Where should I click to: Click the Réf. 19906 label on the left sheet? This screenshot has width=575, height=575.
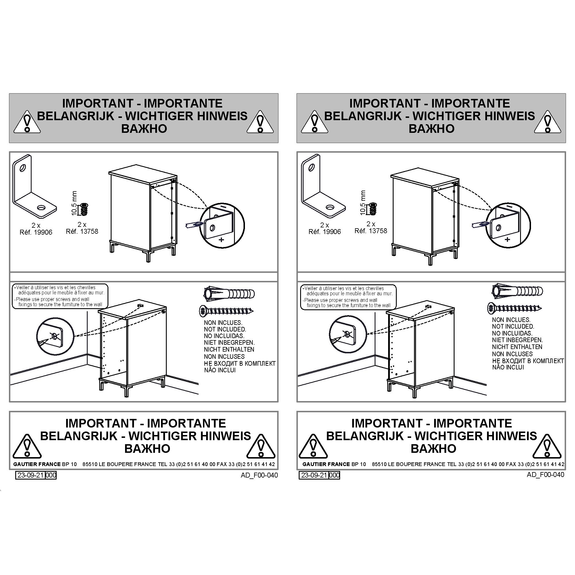(36, 232)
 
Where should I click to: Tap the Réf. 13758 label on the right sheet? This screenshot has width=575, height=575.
(371, 231)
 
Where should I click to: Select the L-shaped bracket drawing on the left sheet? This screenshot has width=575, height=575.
(34, 186)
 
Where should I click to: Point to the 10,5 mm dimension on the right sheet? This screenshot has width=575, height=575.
(363, 203)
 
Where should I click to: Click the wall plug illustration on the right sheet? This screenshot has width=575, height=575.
(517, 290)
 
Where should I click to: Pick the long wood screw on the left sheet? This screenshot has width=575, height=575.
(226, 311)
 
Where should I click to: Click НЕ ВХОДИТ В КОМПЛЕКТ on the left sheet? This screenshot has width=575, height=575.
(240, 363)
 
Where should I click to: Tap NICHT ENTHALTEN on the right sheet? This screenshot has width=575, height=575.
(517, 347)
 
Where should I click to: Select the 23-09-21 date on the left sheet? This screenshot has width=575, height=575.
(30, 475)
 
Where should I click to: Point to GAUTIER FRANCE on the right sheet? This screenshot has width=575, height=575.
(326, 464)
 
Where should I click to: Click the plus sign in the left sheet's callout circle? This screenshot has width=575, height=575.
(221, 239)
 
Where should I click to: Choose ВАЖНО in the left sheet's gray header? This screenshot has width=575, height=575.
(144, 129)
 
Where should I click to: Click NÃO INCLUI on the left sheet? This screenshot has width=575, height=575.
(220, 370)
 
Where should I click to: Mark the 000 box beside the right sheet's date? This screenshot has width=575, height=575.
(335, 475)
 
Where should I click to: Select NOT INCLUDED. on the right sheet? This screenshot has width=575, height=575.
(513, 327)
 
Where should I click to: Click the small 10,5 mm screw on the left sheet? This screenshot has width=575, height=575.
(85, 209)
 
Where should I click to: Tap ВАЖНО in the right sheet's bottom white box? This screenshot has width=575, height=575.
(433, 448)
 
